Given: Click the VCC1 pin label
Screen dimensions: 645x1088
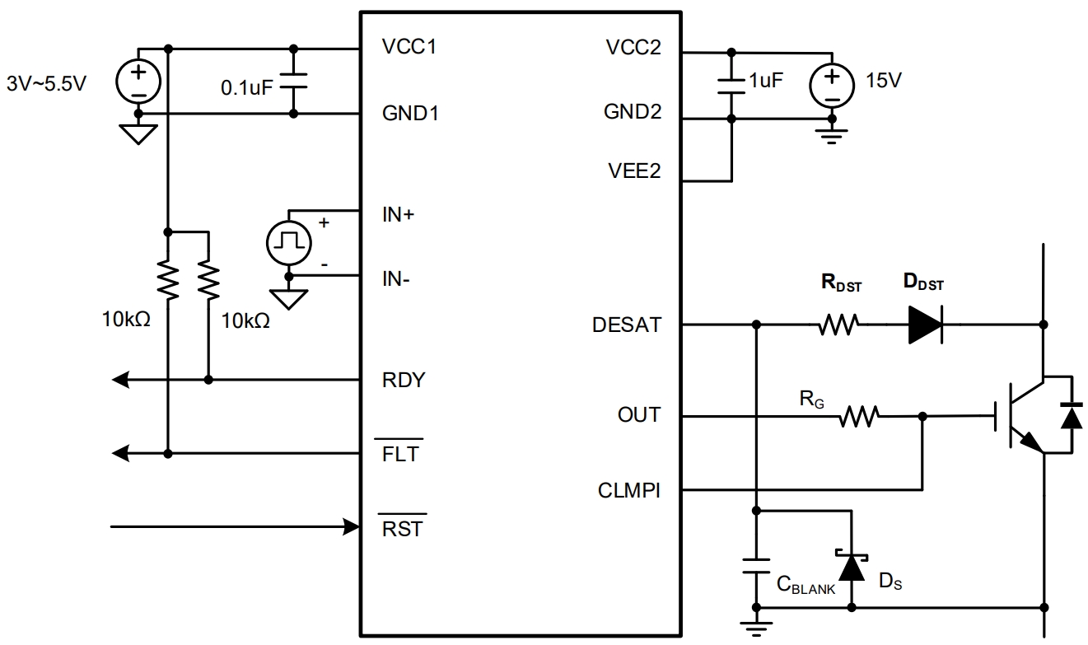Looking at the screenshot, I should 409,47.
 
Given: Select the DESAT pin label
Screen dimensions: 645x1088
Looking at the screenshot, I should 626,325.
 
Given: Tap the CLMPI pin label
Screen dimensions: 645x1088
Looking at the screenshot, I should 628,491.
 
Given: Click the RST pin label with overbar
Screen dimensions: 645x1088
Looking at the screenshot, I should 403,528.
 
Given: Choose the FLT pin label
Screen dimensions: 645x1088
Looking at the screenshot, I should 400,453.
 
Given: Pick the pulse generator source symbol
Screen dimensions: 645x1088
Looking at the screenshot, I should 289,242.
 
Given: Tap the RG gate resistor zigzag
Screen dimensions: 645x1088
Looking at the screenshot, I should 860,417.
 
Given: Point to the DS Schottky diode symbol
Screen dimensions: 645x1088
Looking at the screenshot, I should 852,565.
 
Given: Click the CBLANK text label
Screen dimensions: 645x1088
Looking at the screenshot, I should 805,585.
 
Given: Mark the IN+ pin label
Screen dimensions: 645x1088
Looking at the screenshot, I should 399,216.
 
